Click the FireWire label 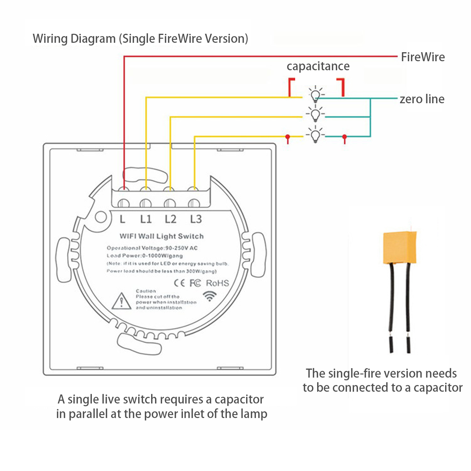pyautogui.click(x=423, y=57)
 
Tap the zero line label pyautogui.click(x=422, y=99)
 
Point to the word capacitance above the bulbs pyautogui.click(x=318, y=66)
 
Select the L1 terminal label pyautogui.click(x=146, y=219)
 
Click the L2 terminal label pyautogui.click(x=171, y=219)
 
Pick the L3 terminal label pyautogui.click(x=195, y=219)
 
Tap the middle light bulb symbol pyautogui.click(x=315, y=115)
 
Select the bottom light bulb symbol pyautogui.click(x=315, y=135)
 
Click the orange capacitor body pyautogui.click(x=399, y=247)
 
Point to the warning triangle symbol pyautogui.click(x=121, y=301)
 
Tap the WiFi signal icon pyautogui.click(x=210, y=296)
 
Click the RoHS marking pyautogui.click(x=217, y=283)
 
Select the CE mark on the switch pyautogui.click(x=179, y=283)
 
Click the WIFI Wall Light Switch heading pyautogui.click(x=162, y=236)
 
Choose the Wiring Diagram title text pyautogui.click(x=140, y=39)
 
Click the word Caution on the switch pyautogui.click(x=146, y=291)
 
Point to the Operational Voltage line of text pyautogui.click(x=152, y=248)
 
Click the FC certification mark pyautogui.click(x=195, y=283)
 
